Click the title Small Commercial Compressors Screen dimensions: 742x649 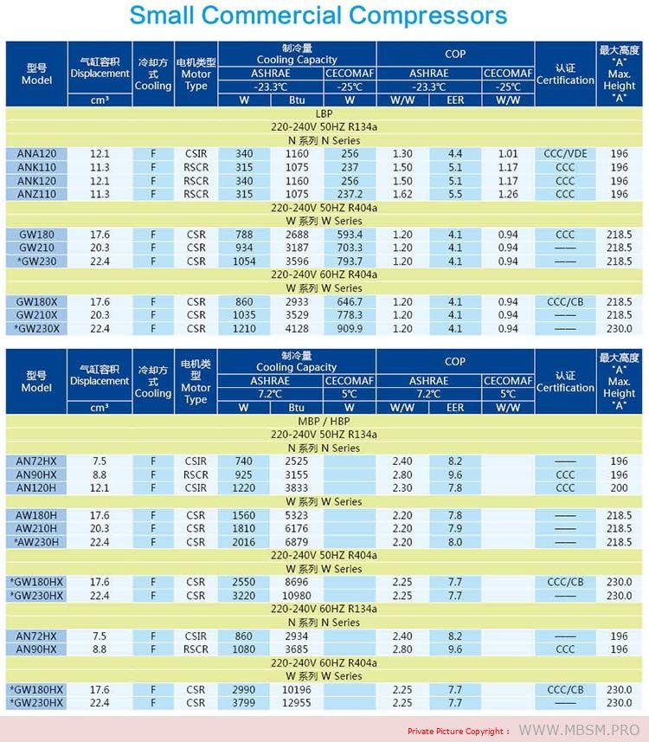point(318,16)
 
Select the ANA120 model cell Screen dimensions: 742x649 point(35,154)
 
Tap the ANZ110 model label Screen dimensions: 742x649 point(35,194)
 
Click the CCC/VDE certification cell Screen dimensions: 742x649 point(565,154)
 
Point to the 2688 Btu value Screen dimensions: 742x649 point(296,235)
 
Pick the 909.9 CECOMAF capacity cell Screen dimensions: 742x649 point(350,328)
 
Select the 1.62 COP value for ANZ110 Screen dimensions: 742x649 point(402,194)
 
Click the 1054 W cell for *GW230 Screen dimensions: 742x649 point(244,261)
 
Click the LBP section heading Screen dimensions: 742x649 point(324,113)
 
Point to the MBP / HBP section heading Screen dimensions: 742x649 point(324,421)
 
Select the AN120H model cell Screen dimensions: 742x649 point(36,487)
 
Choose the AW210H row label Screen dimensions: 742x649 point(36,528)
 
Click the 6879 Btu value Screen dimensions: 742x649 point(296,542)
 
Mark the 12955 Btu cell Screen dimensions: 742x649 point(296,703)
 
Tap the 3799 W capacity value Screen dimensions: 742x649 point(244,703)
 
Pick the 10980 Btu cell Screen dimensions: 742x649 point(296,596)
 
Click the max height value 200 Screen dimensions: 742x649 point(619,487)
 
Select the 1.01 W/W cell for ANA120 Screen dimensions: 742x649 point(508,154)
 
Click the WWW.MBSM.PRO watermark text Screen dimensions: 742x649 point(579,730)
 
